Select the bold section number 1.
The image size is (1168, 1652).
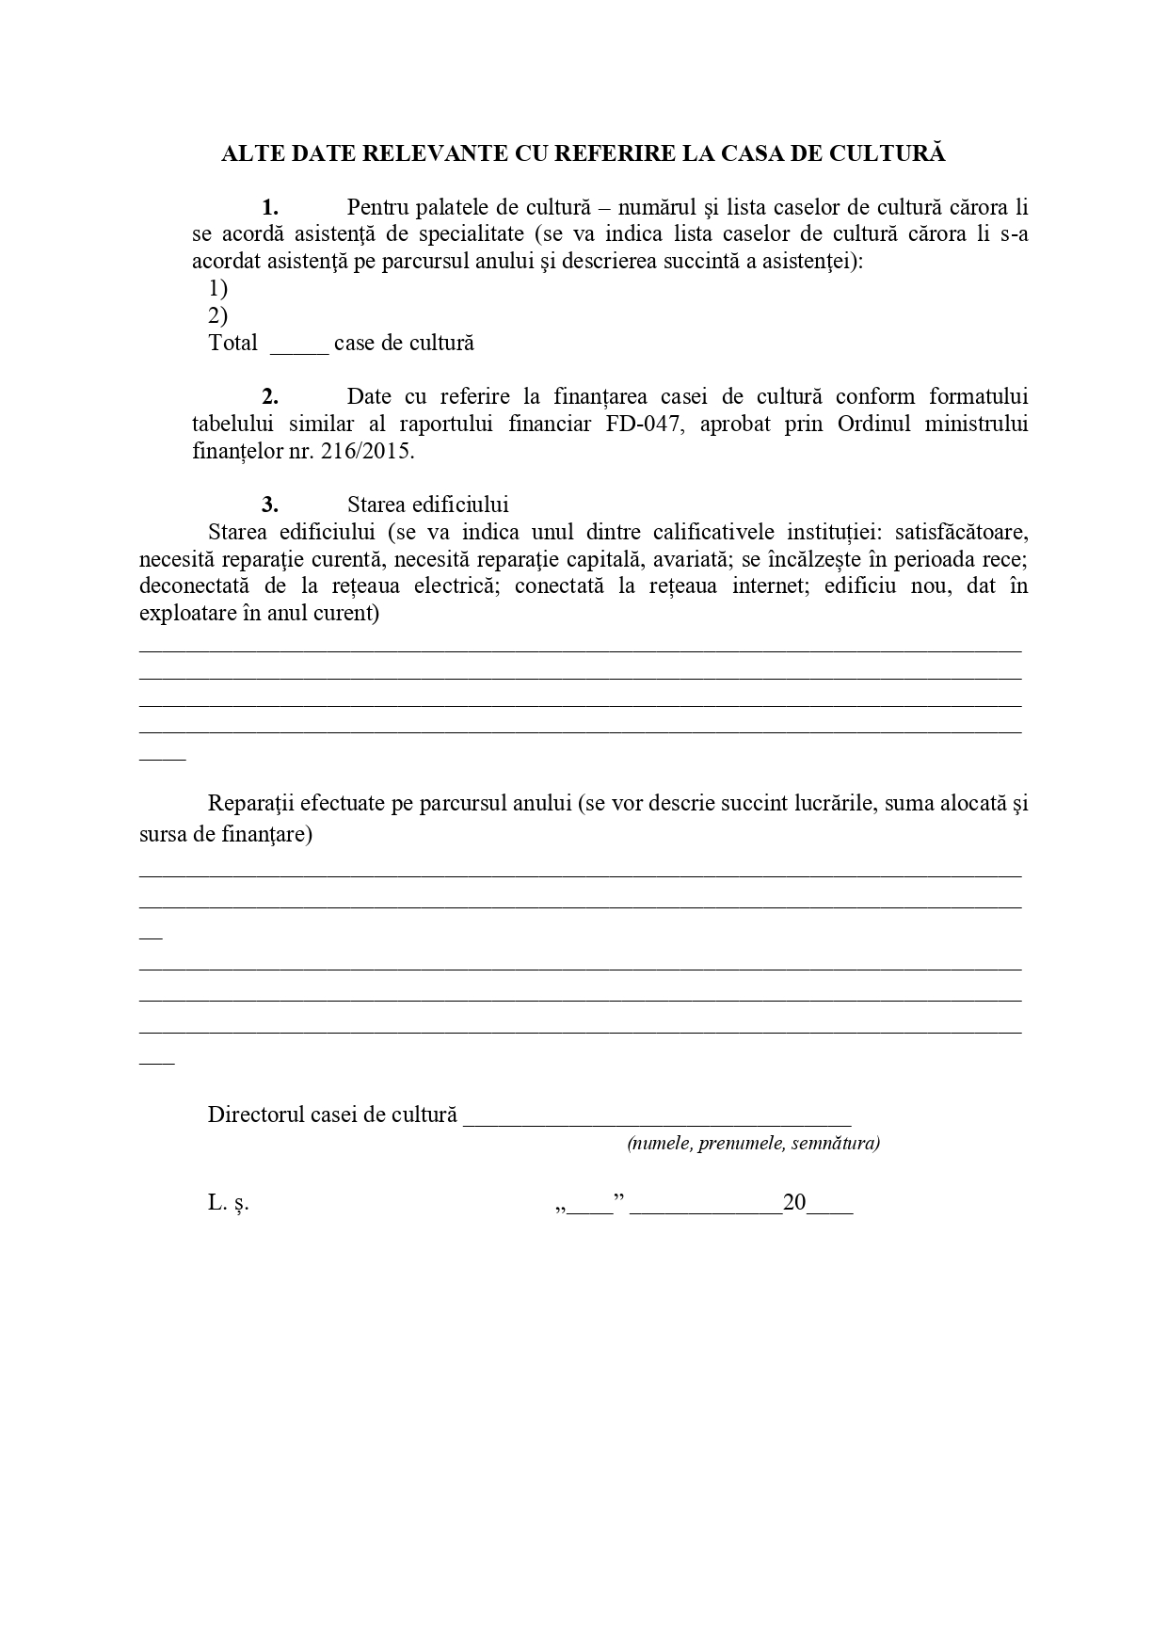click(270, 207)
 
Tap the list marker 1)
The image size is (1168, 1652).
click(217, 288)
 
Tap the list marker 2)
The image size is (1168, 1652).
click(217, 315)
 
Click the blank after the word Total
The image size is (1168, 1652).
click(299, 345)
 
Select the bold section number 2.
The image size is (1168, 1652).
click(270, 396)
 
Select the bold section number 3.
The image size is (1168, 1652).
click(270, 505)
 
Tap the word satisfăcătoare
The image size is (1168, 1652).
click(960, 532)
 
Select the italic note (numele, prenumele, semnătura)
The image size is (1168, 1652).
click(753, 1144)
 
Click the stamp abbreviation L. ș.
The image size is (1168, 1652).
click(229, 1203)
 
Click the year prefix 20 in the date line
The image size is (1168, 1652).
click(794, 1203)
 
